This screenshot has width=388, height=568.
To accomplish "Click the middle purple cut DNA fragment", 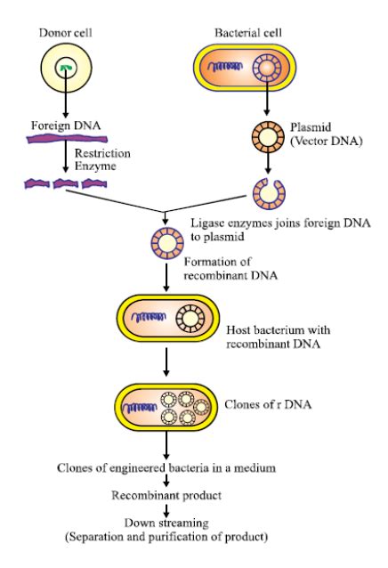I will [x=66, y=184].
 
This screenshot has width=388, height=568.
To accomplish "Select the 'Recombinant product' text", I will [x=166, y=495].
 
